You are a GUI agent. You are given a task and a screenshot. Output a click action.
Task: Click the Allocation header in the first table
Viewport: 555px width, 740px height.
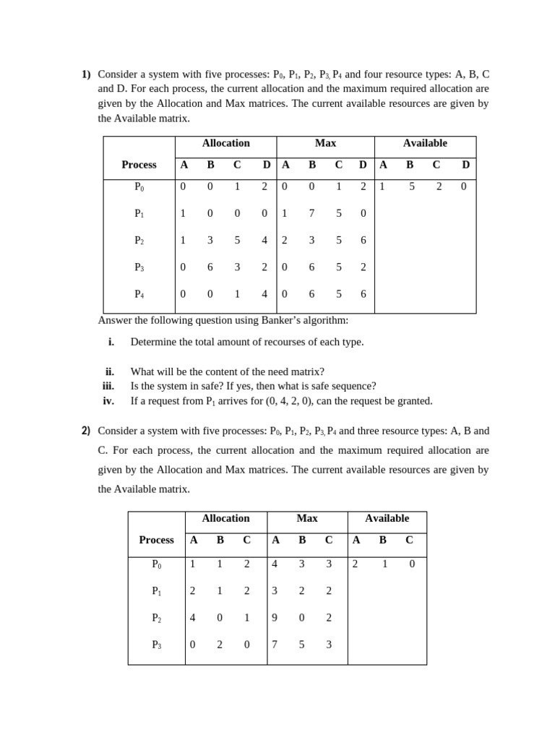225,143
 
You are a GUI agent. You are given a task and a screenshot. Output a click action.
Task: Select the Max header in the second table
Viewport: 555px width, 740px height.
307,518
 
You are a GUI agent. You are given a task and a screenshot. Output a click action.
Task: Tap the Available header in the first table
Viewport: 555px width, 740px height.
425,143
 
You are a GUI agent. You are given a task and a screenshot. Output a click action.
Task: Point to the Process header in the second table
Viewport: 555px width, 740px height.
156,540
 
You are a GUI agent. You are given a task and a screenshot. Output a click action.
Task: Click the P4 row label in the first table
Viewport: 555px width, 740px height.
139,294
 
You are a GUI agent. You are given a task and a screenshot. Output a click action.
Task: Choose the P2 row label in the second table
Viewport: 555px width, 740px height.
157,618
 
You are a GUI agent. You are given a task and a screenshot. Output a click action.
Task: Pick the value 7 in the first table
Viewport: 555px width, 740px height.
312,213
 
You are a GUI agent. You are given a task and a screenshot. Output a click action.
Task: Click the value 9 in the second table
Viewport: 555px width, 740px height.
275,618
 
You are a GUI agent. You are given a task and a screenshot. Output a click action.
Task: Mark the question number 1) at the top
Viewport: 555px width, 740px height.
86,74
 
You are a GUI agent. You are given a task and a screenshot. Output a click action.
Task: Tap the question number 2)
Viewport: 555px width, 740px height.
86,431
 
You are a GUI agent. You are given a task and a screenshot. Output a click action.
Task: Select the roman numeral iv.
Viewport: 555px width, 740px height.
108,400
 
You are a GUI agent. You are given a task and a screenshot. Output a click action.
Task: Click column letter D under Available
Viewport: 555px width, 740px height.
465,165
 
